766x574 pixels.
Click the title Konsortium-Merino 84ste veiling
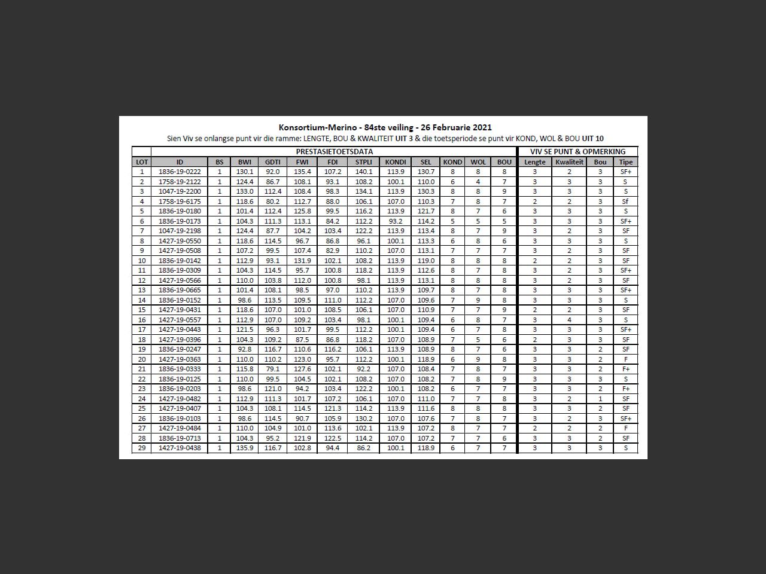point(385,127)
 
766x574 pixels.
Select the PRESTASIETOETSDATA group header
point(334,152)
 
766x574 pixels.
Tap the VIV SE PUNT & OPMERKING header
point(577,152)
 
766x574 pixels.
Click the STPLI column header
point(363,162)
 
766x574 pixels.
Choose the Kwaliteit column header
point(569,162)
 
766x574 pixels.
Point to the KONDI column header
point(396,162)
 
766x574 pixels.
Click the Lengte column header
point(534,162)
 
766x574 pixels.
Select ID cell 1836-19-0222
point(180,172)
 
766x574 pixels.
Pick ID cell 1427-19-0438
point(180,448)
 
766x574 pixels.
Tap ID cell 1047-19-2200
point(180,192)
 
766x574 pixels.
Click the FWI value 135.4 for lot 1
point(302,172)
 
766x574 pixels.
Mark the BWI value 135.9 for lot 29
point(245,448)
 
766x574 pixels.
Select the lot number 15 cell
point(142,310)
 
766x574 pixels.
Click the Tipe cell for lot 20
point(625,359)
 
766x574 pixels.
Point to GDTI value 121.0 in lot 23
point(273,389)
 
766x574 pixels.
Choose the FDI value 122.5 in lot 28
point(333,438)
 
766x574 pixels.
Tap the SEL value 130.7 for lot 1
point(425,172)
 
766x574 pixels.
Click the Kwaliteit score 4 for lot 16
point(569,320)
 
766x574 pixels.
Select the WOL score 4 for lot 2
point(478,182)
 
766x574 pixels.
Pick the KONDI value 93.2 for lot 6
point(396,221)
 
